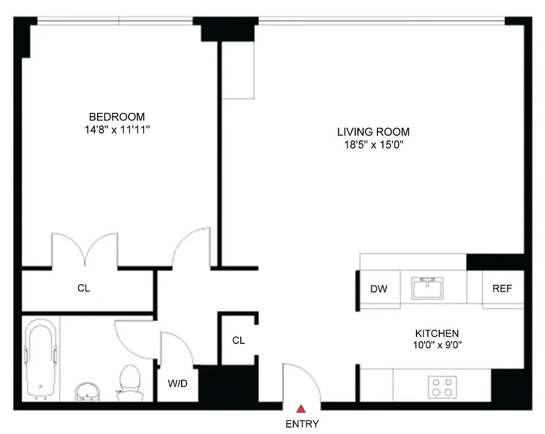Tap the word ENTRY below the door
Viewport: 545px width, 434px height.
(302, 424)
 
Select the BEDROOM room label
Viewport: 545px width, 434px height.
(117, 117)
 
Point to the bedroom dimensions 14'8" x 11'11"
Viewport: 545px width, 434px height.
(117, 130)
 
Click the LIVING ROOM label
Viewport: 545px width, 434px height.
(373, 132)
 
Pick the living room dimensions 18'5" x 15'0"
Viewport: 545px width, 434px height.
(373, 145)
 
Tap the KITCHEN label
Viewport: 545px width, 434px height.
(437, 334)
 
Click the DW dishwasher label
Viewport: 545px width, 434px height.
(379, 289)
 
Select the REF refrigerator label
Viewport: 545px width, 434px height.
(502, 289)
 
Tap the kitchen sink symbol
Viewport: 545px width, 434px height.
(428, 288)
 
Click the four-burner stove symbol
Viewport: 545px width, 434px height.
(442, 387)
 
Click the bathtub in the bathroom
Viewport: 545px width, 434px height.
(41, 358)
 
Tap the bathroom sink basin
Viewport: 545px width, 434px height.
(87, 391)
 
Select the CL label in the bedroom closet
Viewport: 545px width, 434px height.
(84, 289)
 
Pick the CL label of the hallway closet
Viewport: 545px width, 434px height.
(239, 341)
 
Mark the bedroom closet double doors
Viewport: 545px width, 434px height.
(85, 250)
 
